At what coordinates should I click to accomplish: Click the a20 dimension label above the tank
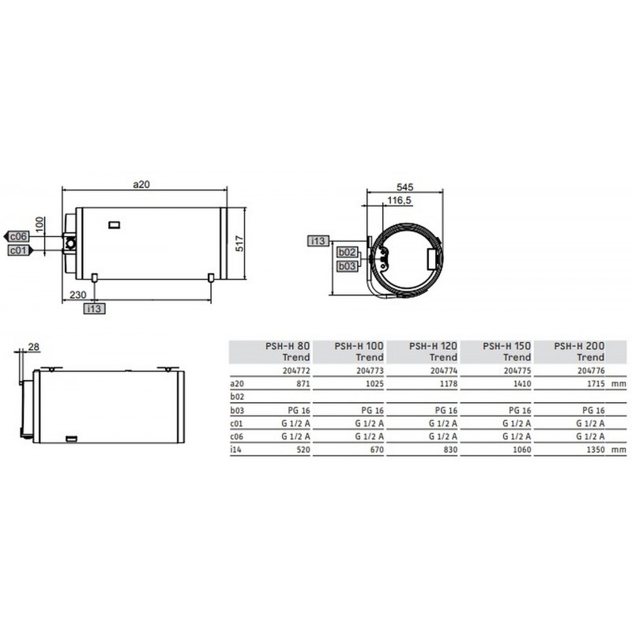click(x=141, y=184)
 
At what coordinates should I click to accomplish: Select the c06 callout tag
click(x=17, y=236)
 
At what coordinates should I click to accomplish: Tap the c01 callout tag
click(x=19, y=250)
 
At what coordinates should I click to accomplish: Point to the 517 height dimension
click(x=239, y=243)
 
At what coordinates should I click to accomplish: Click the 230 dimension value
click(x=77, y=295)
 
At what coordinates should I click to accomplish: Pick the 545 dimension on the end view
click(x=404, y=187)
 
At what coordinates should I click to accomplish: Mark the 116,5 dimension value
click(x=399, y=200)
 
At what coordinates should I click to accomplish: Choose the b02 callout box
click(x=347, y=252)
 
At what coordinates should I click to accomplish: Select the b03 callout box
click(x=347, y=266)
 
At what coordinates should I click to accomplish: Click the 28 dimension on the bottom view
click(x=34, y=347)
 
